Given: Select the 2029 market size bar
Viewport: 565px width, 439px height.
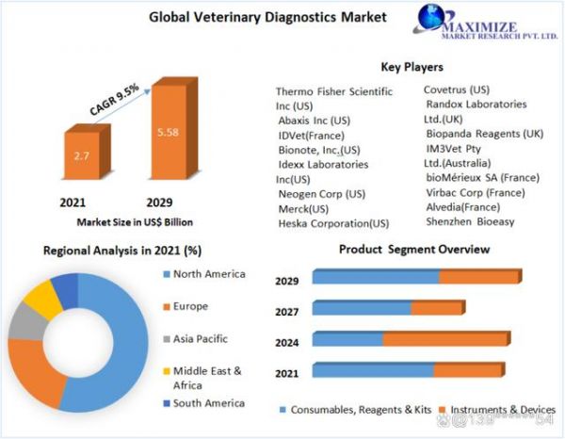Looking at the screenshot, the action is tap(173, 129).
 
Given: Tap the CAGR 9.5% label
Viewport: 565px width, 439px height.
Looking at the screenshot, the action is tap(114, 100).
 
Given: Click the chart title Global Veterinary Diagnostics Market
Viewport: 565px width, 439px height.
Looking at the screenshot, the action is tap(267, 17).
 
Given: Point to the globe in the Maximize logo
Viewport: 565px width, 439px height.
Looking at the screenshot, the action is tap(431, 17).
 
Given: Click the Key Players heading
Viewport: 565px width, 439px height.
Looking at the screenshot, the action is tap(412, 67).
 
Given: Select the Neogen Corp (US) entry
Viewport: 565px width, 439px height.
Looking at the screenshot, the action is tap(322, 194).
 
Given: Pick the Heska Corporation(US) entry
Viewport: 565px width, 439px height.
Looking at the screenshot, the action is tap(333, 223).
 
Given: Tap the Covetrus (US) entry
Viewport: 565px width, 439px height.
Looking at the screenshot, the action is tap(457, 89).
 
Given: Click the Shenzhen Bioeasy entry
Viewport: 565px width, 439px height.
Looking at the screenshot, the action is tap(470, 221).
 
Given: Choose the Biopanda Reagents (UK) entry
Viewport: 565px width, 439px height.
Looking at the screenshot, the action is tap(485, 134).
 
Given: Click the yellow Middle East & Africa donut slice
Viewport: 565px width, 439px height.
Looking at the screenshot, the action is tap(42, 299).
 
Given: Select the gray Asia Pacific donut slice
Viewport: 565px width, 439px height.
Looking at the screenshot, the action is tap(26, 322).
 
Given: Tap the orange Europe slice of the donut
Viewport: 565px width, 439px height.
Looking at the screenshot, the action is tap(36, 371).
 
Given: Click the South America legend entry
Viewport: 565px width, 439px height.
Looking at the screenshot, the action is tap(204, 403).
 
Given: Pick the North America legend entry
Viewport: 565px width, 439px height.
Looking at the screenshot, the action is tap(204, 274).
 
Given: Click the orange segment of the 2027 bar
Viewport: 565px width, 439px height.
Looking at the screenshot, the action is tap(438, 307).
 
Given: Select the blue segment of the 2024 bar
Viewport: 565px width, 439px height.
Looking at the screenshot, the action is tap(347, 338).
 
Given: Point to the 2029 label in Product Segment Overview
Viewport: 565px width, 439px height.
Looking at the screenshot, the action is tap(287, 281).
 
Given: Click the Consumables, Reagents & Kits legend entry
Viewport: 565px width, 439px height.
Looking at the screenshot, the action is tap(356, 410).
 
